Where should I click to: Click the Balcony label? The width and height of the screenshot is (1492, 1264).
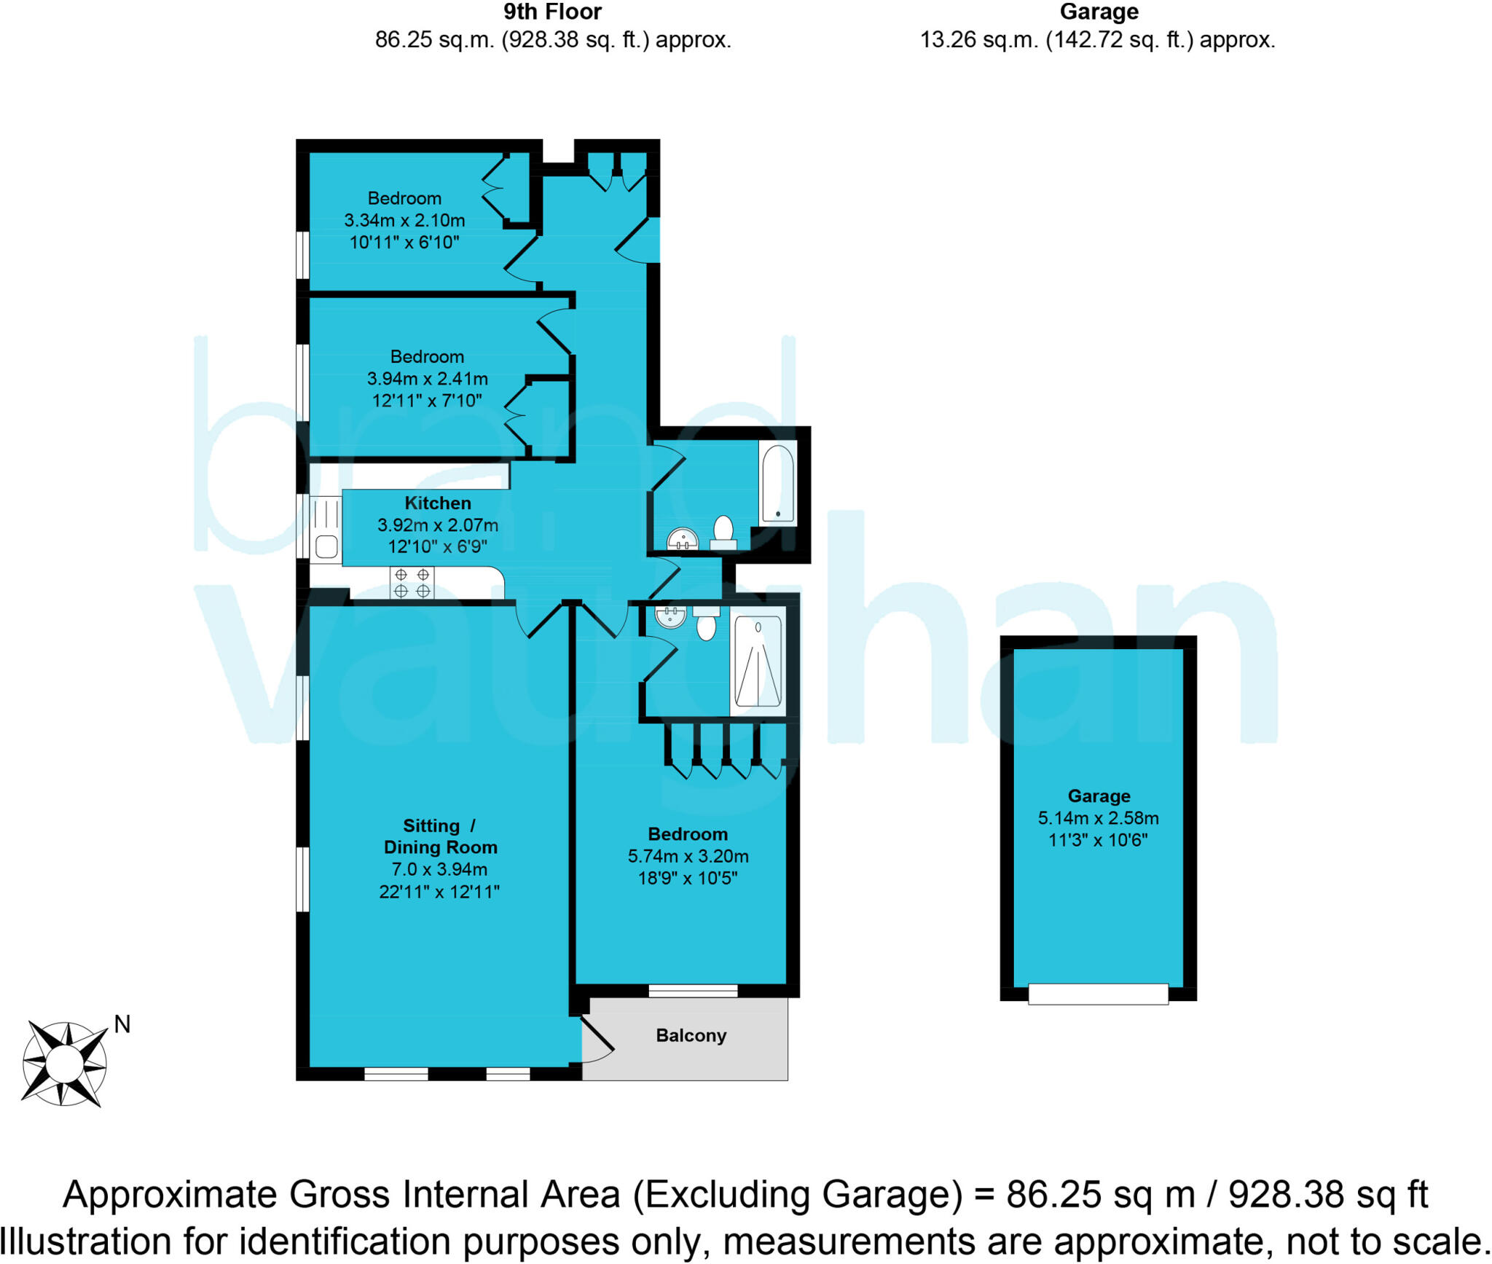tap(691, 1035)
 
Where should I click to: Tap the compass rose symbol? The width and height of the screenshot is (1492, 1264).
tap(65, 1064)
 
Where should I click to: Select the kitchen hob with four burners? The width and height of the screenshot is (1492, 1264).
tap(412, 584)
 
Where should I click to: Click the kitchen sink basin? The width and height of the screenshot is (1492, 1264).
tap(326, 546)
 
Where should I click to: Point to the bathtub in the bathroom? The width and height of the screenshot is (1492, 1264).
tap(777, 483)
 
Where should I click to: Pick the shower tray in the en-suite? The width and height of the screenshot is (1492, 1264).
tap(758, 662)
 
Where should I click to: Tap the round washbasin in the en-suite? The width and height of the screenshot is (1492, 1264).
tap(670, 616)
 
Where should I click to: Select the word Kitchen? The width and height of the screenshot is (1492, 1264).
tap(437, 503)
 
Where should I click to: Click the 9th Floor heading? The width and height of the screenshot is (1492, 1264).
tap(552, 12)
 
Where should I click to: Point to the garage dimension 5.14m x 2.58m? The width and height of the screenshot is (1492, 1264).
tap(1098, 818)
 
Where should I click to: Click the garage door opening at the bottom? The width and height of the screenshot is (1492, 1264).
tap(1098, 994)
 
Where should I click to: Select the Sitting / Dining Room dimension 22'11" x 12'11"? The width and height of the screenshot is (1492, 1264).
tap(439, 891)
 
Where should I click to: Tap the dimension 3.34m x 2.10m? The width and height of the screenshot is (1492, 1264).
tap(404, 220)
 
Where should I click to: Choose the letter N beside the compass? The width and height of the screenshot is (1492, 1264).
tap(122, 1024)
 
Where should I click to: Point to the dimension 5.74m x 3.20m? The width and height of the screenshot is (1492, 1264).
tap(688, 856)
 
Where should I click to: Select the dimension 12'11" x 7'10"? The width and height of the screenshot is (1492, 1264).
tap(427, 400)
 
